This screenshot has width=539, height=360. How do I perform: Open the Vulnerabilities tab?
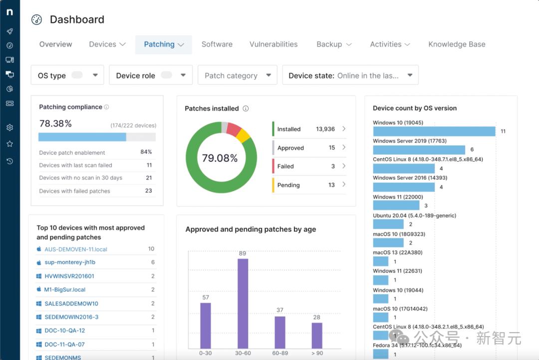pyautogui.click(x=273, y=44)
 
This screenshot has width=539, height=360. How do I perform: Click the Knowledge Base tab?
pyautogui.click(x=457, y=44)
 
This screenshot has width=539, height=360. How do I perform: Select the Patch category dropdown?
pyautogui.click(x=238, y=75)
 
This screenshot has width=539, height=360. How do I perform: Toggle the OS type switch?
pyautogui.click(x=77, y=75)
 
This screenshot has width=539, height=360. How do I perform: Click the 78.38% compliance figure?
pyautogui.click(x=55, y=123)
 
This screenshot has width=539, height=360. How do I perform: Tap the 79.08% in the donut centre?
pyautogui.click(x=220, y=158)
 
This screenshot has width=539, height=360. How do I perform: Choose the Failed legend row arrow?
pyautogui.click(x=344, y=166)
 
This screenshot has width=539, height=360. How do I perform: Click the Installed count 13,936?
pyautogui.click(x=325, y=129)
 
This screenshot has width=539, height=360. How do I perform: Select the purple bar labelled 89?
pyautogui.click(x=243, y=303)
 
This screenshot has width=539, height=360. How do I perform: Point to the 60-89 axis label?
pyautogui.click(x=280, y=354)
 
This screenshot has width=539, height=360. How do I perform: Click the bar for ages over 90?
pyautogui.click(x=317, y=335)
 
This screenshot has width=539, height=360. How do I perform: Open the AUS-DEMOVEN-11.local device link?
pyautogui.click(x=76, y=249)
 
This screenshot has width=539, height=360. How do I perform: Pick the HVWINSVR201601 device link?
pyautogui.click(x=69, y=276)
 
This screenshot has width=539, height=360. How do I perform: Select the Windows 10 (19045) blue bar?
pyautogui.click(x=434, y=131)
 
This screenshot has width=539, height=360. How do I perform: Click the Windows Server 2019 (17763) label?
pyautogui.click(x=410, y=141)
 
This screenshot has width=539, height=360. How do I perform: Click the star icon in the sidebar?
pyautogui.click(x=9, y=144)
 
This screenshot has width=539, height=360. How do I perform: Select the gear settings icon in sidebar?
pyautogui.click(x=9, y=128)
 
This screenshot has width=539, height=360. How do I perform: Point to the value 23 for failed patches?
pyautogui.click(x=148, y=191)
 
